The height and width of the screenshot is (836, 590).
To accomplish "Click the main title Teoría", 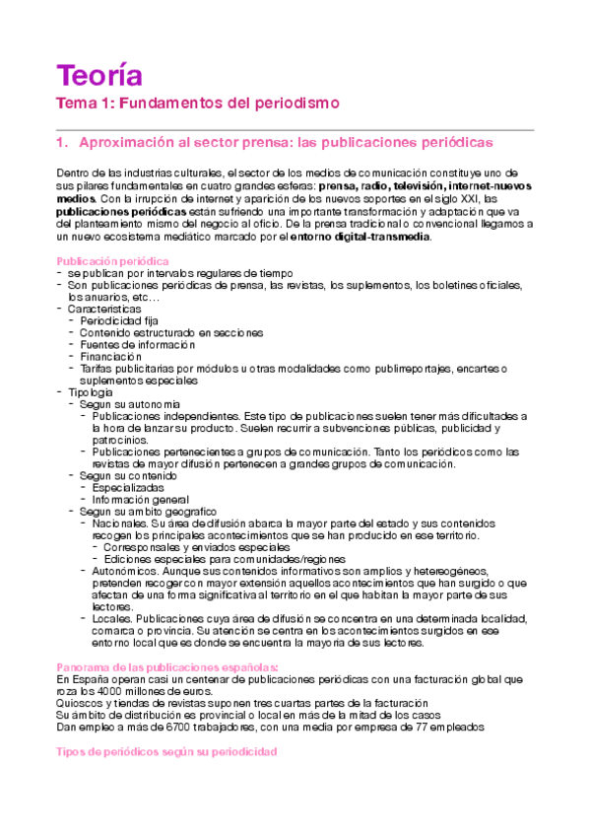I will coord(99,75).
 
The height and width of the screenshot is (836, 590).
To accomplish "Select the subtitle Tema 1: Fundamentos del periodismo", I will coord(197,103).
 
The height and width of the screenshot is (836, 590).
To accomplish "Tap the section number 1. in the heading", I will coord(64,143).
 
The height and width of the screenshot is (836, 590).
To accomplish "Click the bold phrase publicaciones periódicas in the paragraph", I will coord(121,211).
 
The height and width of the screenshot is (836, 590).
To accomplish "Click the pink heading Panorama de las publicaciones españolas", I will coord(160,666).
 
